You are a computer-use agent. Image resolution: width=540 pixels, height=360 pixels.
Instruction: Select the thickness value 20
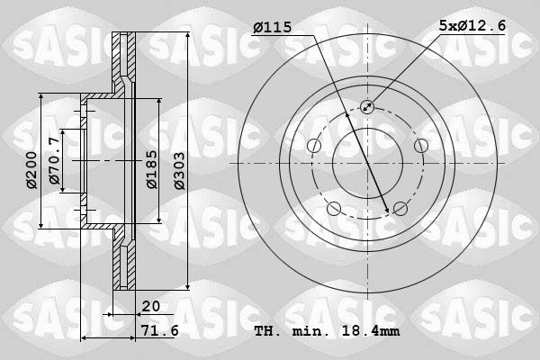click(x=150, y=306)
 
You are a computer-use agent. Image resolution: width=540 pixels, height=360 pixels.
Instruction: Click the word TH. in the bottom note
click(x=268, y=332)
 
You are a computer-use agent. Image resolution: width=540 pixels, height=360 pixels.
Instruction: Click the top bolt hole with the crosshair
click(x=367, y=107)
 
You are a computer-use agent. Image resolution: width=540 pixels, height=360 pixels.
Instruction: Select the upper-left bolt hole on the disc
click(x=313, y=146)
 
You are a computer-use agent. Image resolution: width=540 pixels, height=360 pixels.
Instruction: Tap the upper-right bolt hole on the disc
click(x=420, y=146)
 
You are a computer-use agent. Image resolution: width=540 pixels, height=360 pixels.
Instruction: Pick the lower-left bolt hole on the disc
click(x=334, y=210)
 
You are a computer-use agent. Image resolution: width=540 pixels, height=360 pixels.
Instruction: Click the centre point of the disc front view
click(x=367, y=164)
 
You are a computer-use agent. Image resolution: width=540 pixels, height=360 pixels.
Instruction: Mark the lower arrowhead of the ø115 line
click(x=388, y=211)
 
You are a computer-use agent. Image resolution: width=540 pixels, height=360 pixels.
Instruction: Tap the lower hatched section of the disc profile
click(x=121, y=265)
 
